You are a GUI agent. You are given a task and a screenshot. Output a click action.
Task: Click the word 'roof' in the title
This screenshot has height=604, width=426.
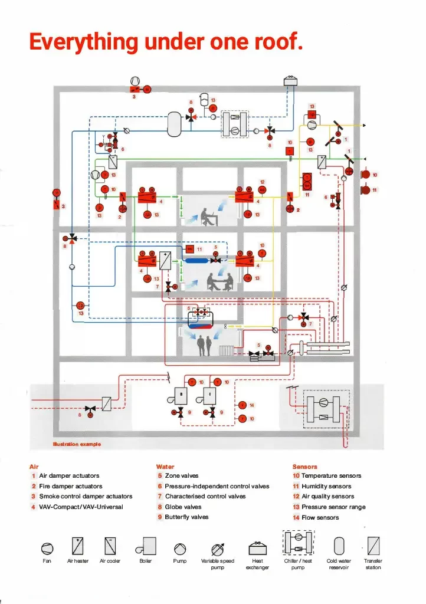(x=272, y=42)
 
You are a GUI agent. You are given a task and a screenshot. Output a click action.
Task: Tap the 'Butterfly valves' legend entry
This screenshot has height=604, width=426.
(x=187, y=517)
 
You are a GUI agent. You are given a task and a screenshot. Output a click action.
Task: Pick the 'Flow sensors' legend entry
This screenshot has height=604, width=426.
(x=320, y=518)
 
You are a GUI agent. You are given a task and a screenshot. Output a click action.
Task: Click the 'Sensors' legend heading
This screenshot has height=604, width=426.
(x=304, y=467)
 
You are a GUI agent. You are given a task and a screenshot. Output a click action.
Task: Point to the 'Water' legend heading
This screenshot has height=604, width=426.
(x=165, y=467)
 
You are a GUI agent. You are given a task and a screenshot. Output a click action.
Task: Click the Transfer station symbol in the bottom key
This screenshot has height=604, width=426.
(x=372, y=546)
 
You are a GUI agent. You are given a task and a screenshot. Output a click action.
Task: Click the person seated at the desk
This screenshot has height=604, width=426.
(x=208, y=216)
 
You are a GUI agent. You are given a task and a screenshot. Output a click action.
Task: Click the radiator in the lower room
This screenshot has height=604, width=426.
(x=227, y=350)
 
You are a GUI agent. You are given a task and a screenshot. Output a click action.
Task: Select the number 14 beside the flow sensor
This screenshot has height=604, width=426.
(x=252, y=405)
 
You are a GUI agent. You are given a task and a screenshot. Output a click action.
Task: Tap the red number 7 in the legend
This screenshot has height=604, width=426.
(x=159, y=497)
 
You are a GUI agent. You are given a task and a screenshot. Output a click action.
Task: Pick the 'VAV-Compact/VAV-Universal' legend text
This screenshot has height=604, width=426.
(x=81, y=507)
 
